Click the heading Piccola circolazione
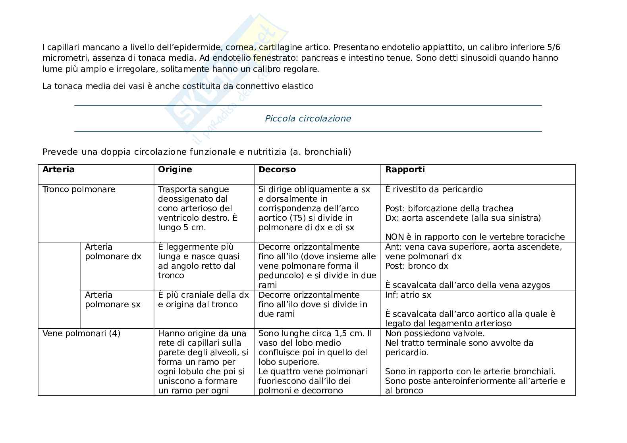[308, 118]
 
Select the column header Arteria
[58, 169]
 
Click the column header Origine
[175, 169]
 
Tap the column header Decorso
[277, 169]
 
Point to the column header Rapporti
[405, 169]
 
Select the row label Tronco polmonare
[79, 189]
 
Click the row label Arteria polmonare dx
[113, 252]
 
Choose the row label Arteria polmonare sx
[113, 300]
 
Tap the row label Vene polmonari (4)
[81, 333]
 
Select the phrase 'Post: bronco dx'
[416, 266]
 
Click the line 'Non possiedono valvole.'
[434, 333]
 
